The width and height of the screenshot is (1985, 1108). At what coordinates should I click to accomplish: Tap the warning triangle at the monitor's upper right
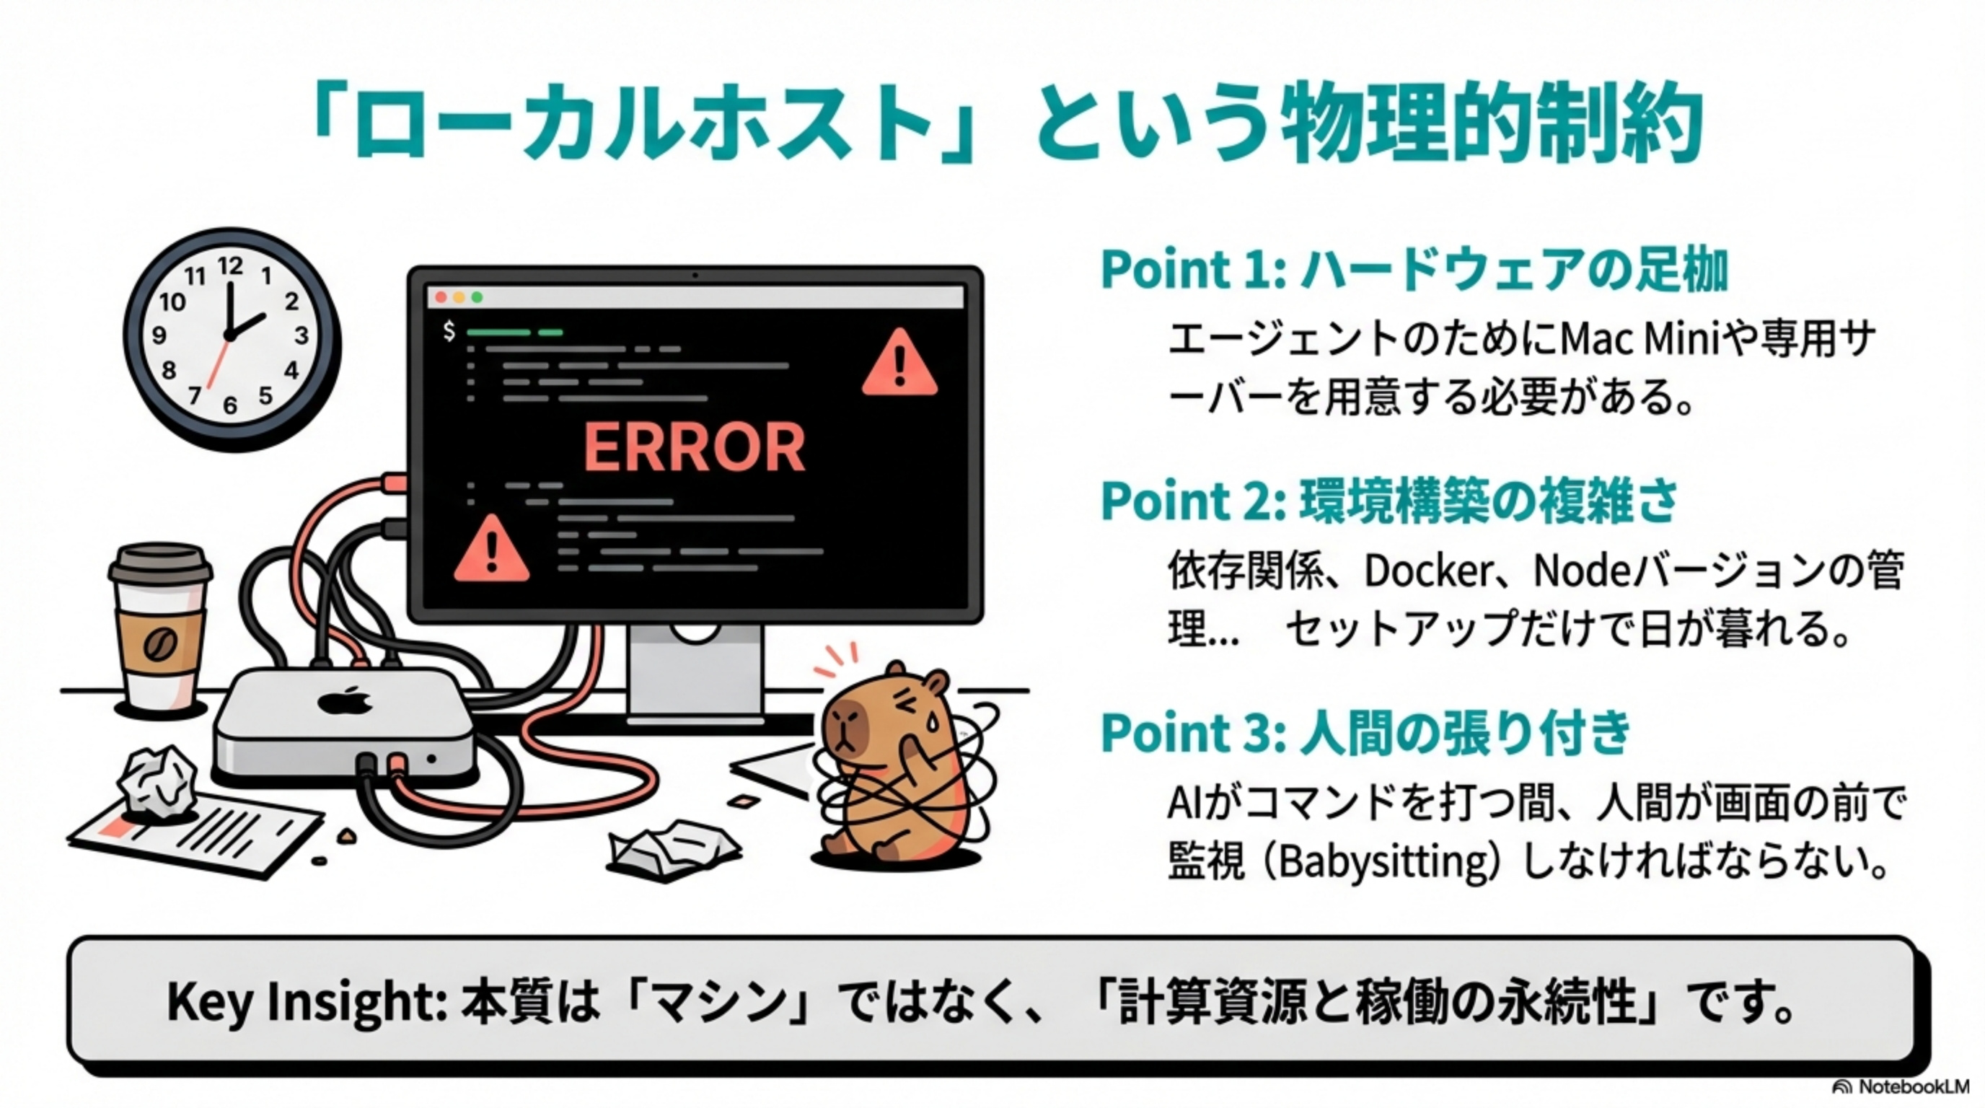tap(899, 364)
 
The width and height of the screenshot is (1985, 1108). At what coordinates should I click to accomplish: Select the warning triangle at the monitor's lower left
tap(491, 550)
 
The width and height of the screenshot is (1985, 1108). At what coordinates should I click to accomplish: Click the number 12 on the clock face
tap(229, 267)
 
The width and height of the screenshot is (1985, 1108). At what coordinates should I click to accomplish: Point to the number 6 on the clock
tap(229, 405)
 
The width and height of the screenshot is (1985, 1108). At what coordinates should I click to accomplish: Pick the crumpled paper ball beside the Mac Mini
tap(159, 782)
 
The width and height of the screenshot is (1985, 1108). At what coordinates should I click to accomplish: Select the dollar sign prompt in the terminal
tap(449, 331)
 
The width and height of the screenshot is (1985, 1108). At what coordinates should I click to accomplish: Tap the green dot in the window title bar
tap(477, 297)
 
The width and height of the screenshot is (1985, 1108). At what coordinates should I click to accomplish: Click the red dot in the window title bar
tap(441, 297)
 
